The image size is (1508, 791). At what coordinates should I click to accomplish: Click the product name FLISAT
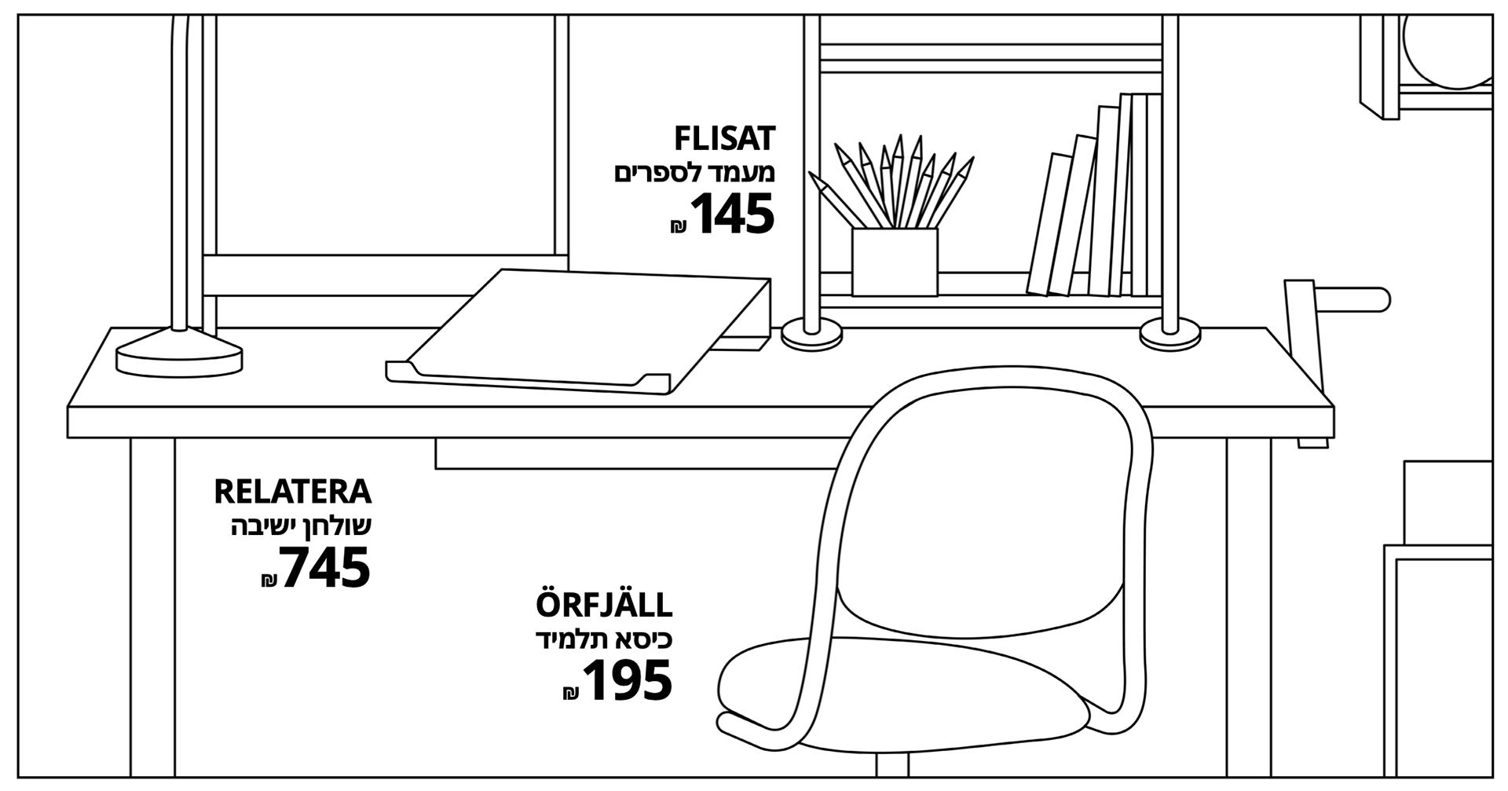pos(724,139)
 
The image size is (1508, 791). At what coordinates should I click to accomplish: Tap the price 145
pos(732,214)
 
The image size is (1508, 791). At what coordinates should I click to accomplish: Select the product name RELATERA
pos(292,493)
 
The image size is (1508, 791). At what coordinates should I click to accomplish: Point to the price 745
pos(325,568)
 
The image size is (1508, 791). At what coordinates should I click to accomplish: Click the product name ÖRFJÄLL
pos(604,606)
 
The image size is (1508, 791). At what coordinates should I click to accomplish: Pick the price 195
pos(628,680)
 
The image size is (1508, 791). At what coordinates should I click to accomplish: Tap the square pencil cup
pos(895,262)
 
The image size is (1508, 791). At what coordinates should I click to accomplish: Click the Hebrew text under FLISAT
pos(694,174)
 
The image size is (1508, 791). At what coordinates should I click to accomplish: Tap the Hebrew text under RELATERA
pos(301,527)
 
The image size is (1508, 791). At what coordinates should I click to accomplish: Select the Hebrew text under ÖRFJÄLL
pos(604,640)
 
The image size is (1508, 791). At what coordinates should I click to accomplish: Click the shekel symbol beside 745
pos(269,580)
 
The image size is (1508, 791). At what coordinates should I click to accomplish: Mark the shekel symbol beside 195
pos(571,693)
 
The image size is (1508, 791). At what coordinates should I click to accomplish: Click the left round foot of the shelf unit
pos(811,335)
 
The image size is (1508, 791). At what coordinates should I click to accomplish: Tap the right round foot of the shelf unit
pos(1169,335)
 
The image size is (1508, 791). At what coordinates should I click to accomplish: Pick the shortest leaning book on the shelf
pos(1049,224)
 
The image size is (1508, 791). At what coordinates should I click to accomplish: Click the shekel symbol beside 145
pos(678,227)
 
